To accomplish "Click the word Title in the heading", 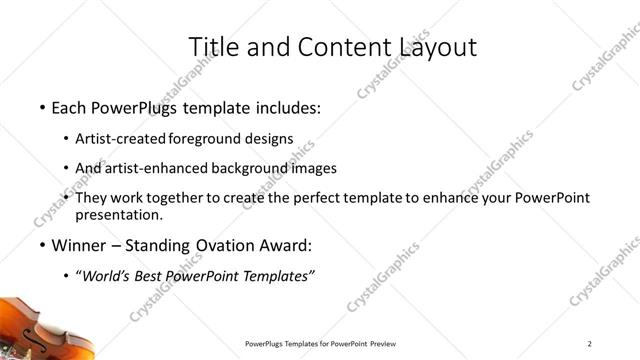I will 212,46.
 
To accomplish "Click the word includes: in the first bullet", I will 286,106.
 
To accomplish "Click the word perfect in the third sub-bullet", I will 342,198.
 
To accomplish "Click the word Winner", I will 78,245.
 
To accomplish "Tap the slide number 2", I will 590,344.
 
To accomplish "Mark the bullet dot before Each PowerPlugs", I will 42,107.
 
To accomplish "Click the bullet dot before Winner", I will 42,246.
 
